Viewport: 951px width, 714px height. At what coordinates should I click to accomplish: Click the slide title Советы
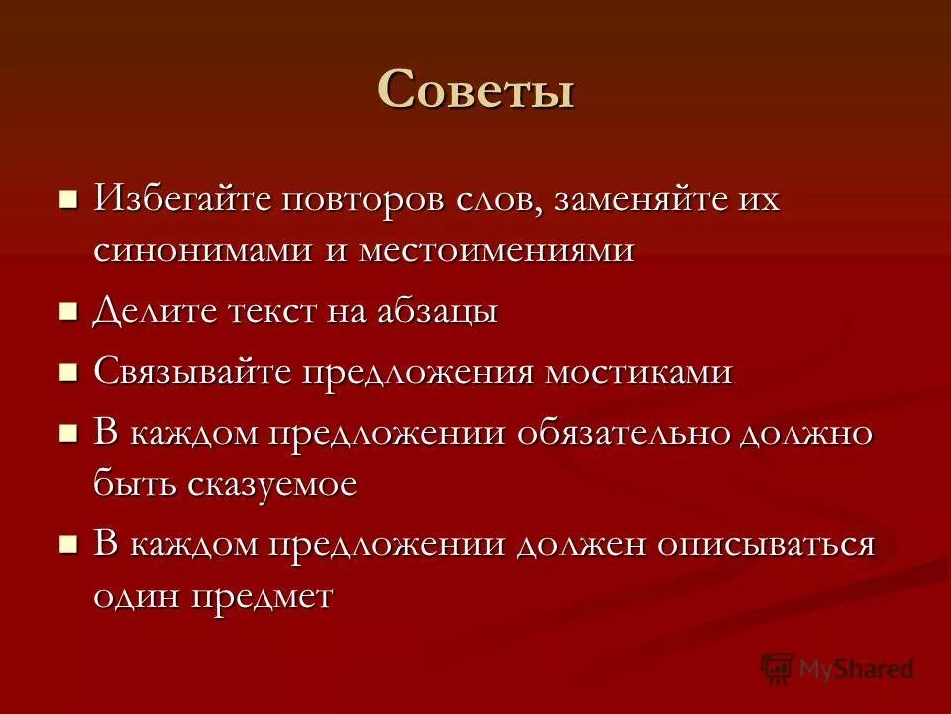click(x=475, y=91)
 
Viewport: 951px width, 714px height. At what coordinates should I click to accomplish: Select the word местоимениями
click(x=495, y=249)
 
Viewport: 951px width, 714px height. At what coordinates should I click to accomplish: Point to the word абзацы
click(x=437, y=311)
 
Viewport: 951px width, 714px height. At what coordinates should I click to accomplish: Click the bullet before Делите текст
click(x=68, y=312)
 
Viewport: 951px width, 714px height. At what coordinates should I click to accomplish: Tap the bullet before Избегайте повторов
click(x=68, y=200)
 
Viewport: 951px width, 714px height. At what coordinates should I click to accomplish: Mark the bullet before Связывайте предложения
click(x=68, y=373)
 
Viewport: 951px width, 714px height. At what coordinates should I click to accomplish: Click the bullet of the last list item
click(x=68, y=545)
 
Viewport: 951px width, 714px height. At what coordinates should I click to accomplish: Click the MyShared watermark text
click(x=856, y=669)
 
